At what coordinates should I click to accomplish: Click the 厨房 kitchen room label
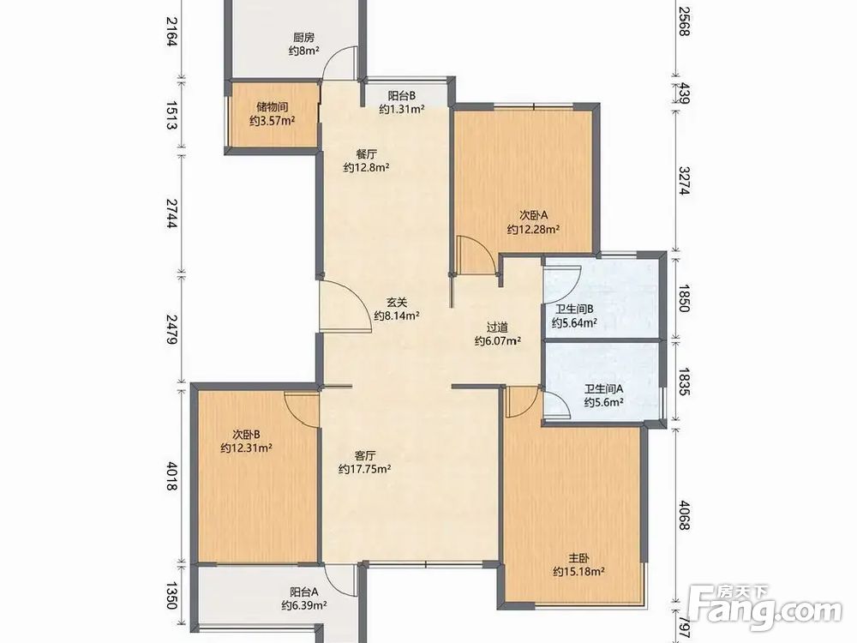[304, 38]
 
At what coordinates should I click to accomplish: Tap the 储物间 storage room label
[273, 107]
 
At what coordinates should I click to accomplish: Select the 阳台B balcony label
[402, 96]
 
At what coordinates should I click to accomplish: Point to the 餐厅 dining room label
[366, 154]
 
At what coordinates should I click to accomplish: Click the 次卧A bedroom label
[533, 216]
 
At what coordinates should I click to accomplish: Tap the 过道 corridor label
[497, 328]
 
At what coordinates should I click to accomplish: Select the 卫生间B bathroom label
[575, 309]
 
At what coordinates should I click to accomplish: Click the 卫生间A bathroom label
[604, 389]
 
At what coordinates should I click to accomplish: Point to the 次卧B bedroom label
[246, 436]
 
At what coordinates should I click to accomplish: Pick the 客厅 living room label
[364, 455]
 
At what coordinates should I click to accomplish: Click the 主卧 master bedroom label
[578, 559]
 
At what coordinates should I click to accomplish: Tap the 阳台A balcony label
[304, 592]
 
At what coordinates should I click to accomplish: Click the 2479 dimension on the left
[173, 329]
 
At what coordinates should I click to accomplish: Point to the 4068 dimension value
[684, 515]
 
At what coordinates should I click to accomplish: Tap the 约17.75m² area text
[364, 469]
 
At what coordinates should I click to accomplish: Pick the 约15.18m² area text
[578, 573]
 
